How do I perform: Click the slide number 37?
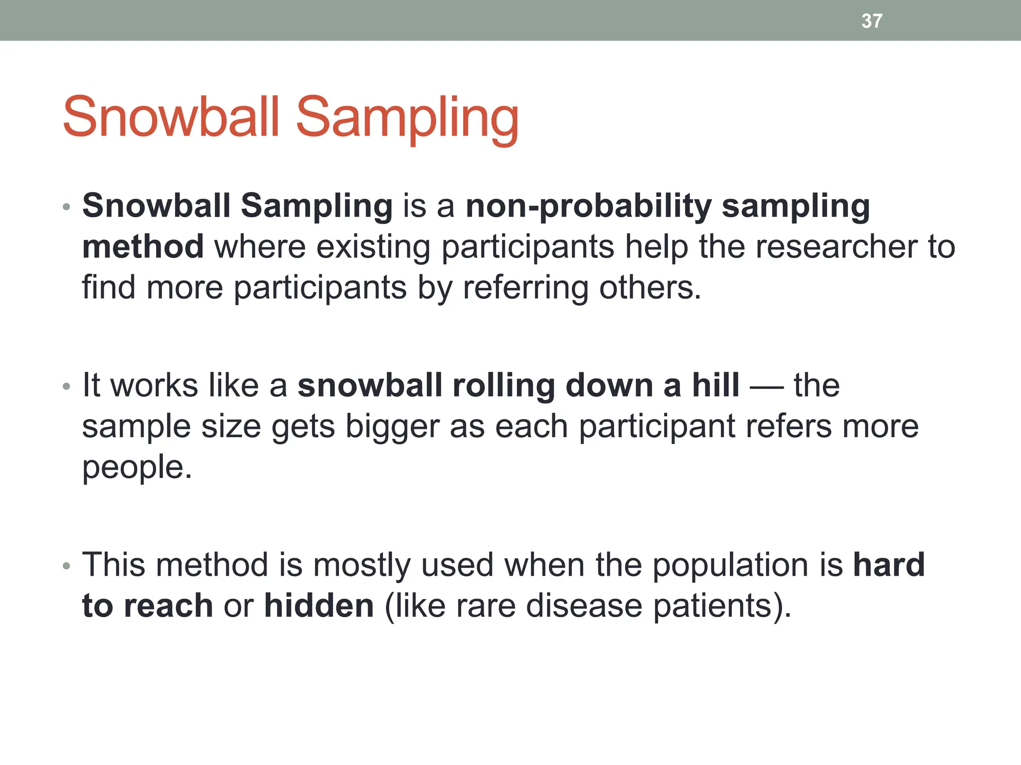pos(871,21)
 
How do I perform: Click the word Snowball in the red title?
pos(170,118)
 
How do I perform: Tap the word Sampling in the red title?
pos(407,120)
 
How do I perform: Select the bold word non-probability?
pos(588,206)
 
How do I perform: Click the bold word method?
pos(143,247)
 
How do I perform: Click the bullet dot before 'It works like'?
pos(67,386)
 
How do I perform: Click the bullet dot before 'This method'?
pos(67,566)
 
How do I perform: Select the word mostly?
pos(361,566)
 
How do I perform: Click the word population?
pos(730,566)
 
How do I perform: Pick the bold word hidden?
pos(319,606)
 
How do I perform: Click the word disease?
pos(584,606)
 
